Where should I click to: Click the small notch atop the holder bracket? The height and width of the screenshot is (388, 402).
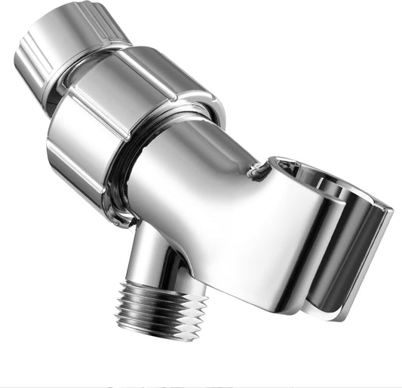260,171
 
